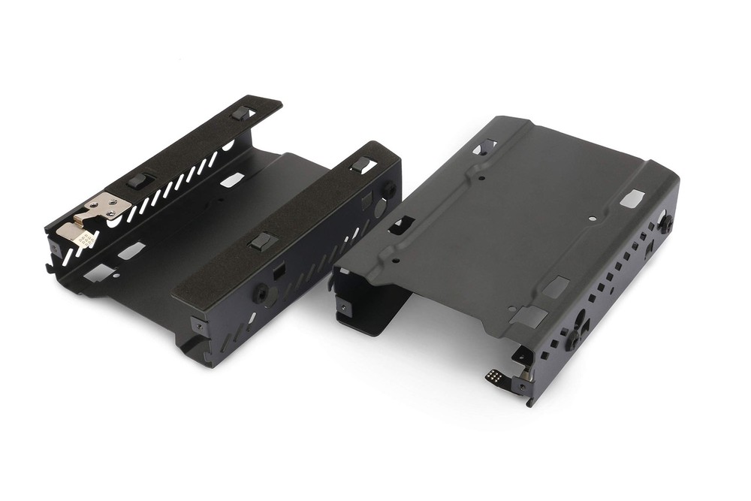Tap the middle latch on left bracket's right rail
(x=260, y=241)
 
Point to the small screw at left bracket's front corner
(x=198, y=325)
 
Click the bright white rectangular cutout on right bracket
(x=632, y=198)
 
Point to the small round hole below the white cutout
(x=593, y=219)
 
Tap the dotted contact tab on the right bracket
(x=496, y=376)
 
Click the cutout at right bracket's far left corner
(x=484, y=147)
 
